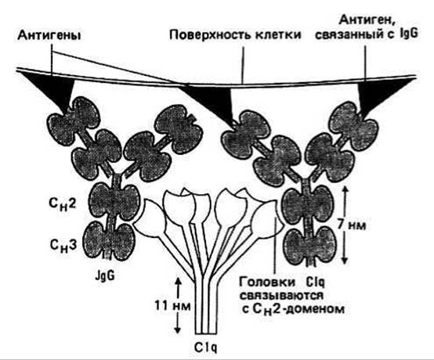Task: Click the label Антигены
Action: tap(49, 36)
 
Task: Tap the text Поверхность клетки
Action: tap(235, 35)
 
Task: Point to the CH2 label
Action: tap(63, 204)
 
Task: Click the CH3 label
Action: tap(63, 245)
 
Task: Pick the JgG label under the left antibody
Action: tap(104, 275)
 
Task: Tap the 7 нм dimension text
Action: tap(352, 225)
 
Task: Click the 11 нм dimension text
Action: tap(172, 306)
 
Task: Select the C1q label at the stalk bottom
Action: tap(205, 347)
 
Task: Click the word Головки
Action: tap(267, 283)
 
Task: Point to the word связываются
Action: tap(281, 295)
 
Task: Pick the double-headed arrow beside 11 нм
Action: tap(177, 305)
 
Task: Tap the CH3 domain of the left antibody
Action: tap(110, 241)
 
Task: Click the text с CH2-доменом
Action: tap(293, 309)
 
